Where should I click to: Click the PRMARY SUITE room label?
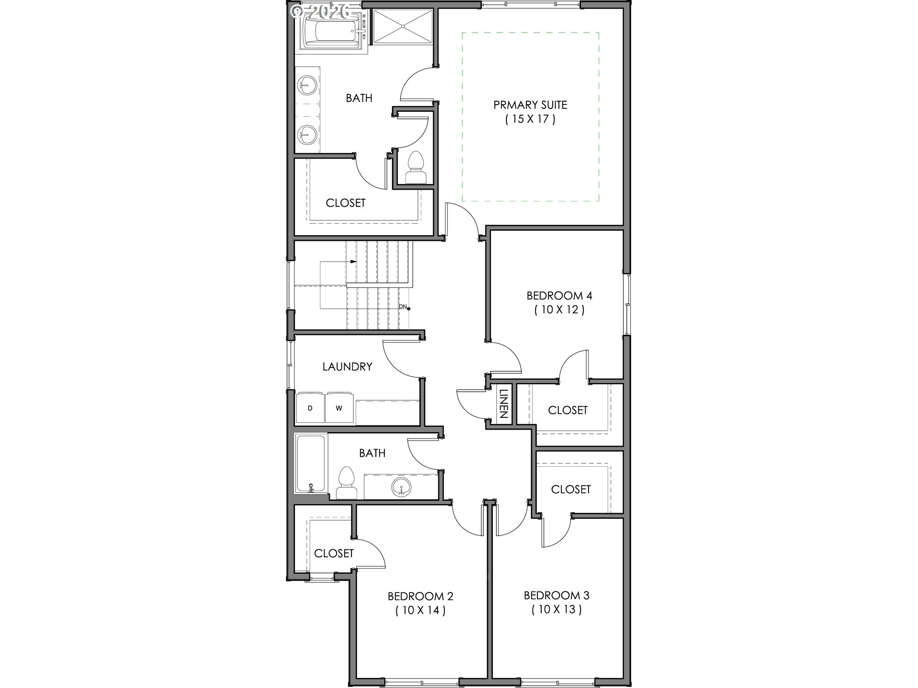coord(530,105)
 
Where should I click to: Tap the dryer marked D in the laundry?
coord(310,408)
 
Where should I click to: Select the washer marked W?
coord(339,408)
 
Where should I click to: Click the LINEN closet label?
coord(503,404)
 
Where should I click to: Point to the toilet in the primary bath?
coord(415,168)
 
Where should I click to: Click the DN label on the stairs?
coord(403,307)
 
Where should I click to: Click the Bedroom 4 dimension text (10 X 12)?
coord(559,310)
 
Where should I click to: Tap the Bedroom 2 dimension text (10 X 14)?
coord(420,610)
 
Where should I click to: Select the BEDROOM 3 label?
coord(557,595)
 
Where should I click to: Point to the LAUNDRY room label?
coord(347,366)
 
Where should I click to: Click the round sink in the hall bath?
coord(401,488)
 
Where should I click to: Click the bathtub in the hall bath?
coord(311,463)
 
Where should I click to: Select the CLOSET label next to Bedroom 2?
coord(334,553)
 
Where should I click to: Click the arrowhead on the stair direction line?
coord(353,261)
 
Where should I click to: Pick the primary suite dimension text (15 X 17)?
coord(530,119)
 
